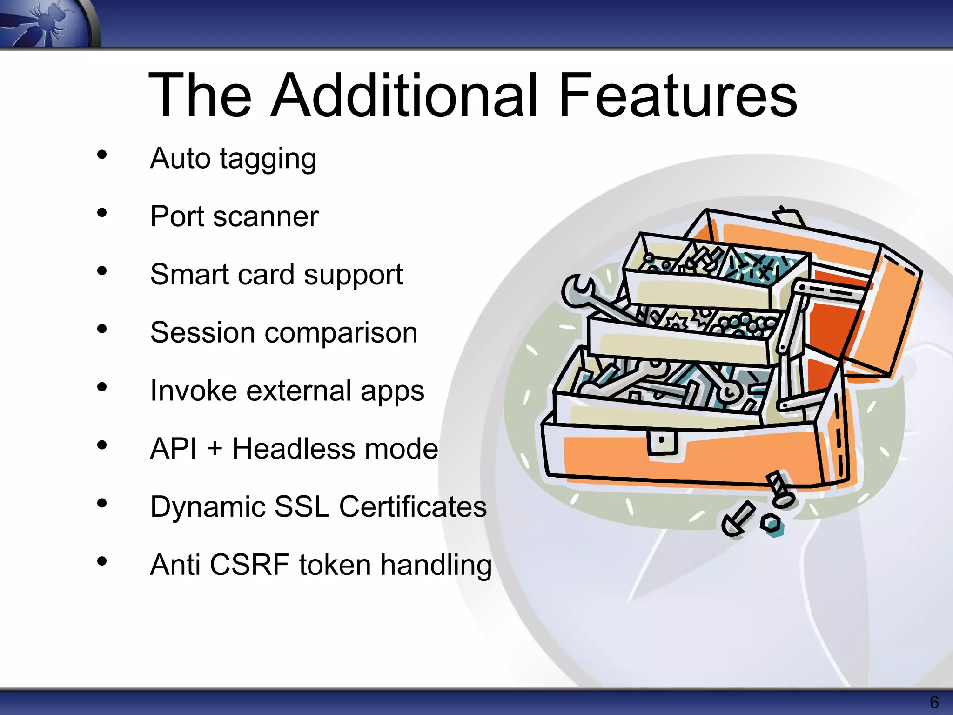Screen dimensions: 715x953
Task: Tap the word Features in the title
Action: click(678, 95)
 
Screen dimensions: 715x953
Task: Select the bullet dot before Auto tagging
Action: click(102, 155)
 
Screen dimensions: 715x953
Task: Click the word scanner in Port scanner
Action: click(266, 217)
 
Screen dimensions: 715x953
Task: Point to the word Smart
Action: click(189, 274)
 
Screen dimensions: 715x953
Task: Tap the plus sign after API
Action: click(215, 450)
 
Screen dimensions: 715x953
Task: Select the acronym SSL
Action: click(302, 506)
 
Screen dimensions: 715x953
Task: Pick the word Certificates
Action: click(413, 506)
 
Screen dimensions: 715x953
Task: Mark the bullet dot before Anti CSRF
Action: click(102, 561)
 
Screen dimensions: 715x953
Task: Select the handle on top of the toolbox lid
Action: click(788, 216)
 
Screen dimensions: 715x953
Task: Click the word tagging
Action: click(268, 160)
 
